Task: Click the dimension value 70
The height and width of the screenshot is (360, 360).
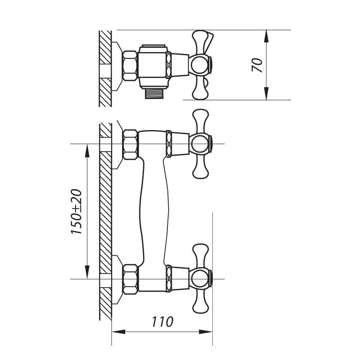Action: click(x=257, y=65)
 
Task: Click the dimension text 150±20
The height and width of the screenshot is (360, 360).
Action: click(x=76, y=211)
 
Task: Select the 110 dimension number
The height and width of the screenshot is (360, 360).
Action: click(x=162, y=322)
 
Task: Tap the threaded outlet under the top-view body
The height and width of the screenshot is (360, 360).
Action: click(x=154, y=94)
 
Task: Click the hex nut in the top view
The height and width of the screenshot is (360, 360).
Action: click(x=130, y=66)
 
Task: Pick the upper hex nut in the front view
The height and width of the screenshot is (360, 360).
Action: click(x=130, y=144)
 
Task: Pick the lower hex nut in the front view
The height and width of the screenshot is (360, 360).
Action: click(x=130, y=279)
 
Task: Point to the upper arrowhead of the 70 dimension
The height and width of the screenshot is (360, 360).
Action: click(x=266, y=36)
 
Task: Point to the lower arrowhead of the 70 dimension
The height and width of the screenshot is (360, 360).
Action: click(x=266, y=94)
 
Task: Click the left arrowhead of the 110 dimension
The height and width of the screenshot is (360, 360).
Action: click(x=118, y=332)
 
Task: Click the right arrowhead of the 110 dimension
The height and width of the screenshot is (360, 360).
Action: click(x=206, y=332)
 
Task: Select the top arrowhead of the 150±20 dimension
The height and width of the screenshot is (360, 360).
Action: click(x=87, y=151)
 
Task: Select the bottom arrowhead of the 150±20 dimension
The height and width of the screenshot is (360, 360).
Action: click(x=87, y=272)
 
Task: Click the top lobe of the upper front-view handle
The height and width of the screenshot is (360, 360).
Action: click(x=201, y=121)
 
